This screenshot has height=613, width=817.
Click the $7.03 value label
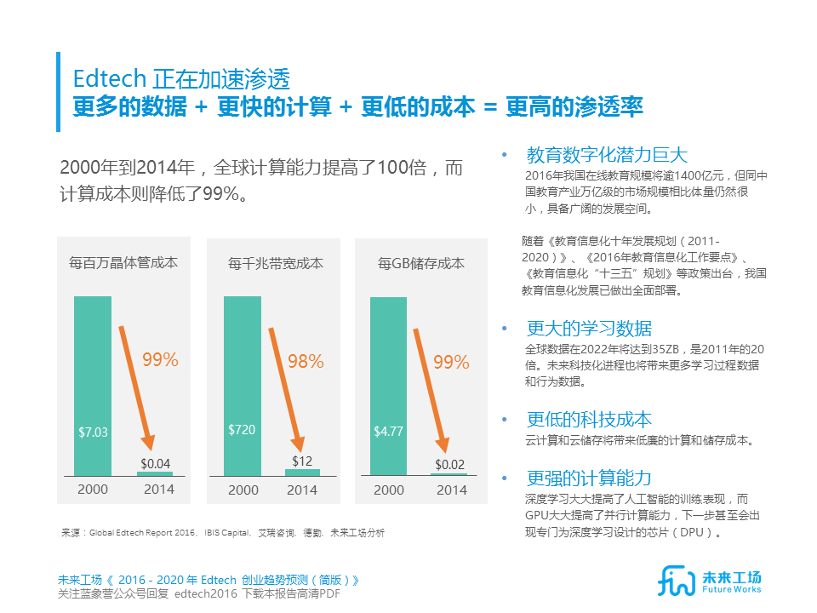click(94, 432)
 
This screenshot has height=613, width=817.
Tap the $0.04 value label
click(155, 464)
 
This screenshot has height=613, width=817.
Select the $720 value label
click(242, 430)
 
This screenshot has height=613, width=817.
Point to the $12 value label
click(302, 461)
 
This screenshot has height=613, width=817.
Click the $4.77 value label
click(388, 432)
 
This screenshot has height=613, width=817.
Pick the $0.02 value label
click(450, 465)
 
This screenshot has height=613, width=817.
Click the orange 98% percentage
click(306, 362)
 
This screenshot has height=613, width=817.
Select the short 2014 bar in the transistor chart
click(155, 473)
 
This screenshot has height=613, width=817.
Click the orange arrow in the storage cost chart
click(430, 388)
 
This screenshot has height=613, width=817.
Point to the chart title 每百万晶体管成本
click(124, 263)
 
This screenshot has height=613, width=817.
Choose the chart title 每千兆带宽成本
click(275, 263)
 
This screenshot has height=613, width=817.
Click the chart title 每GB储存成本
click(420, 263)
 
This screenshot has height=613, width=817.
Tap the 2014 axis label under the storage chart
click(451, 490)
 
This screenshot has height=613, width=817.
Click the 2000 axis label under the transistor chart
click(93, 490)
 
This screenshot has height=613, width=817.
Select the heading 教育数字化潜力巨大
click(607, 155)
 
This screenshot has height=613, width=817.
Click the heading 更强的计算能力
click(589, 478)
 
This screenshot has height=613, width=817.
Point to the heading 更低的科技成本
click(589, 419)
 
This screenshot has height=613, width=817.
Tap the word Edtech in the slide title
click(110, 79)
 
